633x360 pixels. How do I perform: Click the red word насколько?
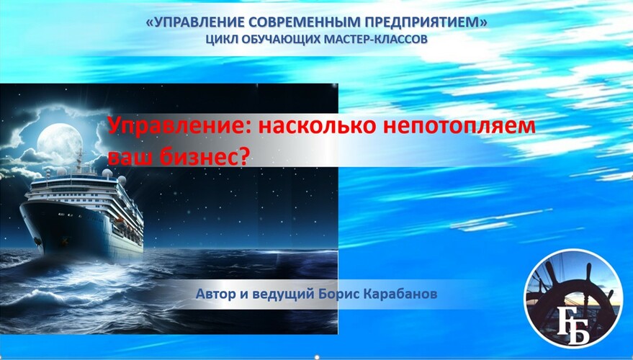(318, 125)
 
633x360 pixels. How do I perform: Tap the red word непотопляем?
(459, 127)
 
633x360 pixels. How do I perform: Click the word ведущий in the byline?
(282, 294)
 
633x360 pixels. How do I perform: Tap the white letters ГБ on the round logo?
(573, 326)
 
